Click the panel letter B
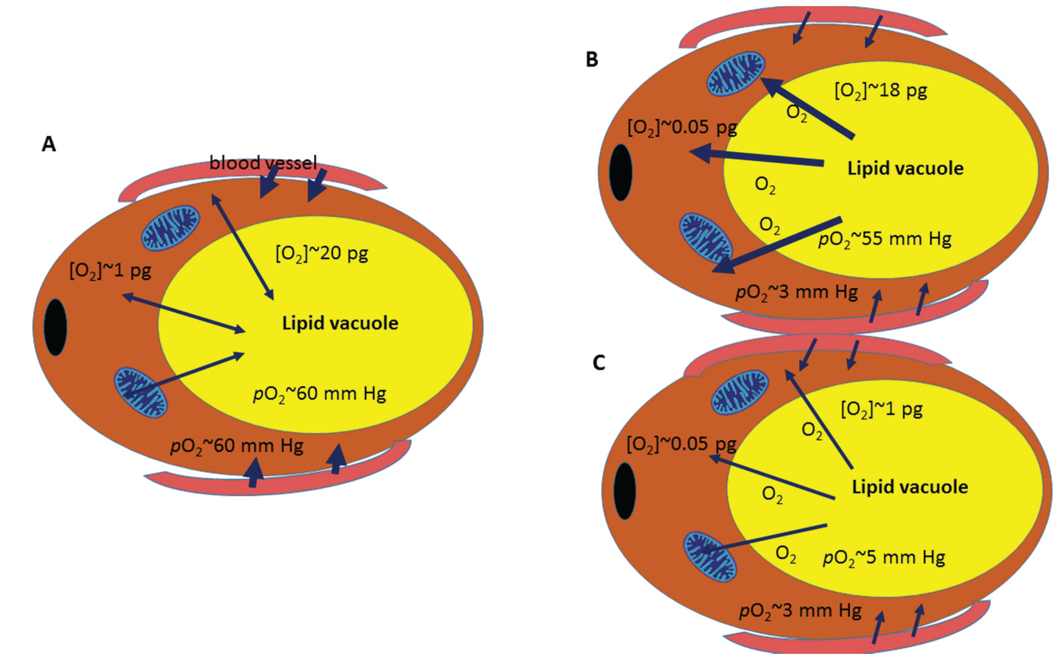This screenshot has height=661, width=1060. [592, 59]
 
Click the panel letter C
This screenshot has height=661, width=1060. [598, 362]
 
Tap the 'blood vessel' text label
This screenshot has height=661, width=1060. [263, 163]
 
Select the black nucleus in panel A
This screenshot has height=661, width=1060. [56, 327]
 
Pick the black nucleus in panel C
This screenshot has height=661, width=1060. [625, 491]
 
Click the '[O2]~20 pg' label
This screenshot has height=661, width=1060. [322, 253]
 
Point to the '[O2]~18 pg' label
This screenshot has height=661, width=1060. [881, 91]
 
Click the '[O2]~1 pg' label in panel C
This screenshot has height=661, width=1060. [882, 410]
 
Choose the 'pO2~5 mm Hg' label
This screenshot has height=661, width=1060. [884, 558]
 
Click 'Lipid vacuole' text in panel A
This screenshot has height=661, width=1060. [340, 323]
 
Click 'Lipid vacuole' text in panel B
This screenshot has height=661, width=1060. [905, 168]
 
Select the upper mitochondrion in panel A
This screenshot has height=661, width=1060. [170, 228]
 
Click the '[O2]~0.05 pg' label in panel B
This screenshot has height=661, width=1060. [682, 127]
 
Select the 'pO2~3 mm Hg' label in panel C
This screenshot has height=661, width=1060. [800, 611]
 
